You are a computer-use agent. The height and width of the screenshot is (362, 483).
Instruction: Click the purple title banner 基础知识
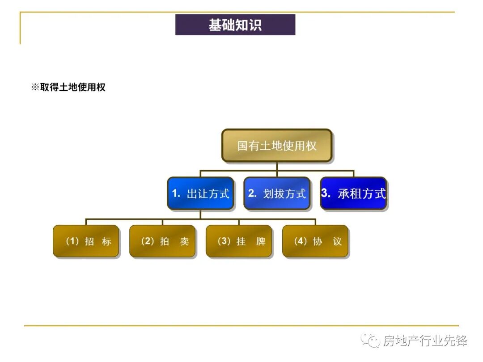coord(235,25)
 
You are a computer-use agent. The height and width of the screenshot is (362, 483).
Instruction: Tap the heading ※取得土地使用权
coord(68,87)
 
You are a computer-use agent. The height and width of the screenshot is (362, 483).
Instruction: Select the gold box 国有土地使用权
coord(277,146)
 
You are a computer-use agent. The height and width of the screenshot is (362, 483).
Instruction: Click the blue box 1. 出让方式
coord(200,194)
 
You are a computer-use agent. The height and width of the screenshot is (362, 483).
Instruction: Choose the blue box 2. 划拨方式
coord(277,194)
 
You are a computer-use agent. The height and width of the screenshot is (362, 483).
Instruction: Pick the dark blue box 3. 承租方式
coord(353,194)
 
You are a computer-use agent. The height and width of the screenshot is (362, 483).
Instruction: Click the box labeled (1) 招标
coord(86,241)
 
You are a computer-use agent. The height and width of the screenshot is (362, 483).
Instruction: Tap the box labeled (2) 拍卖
coord(162,241)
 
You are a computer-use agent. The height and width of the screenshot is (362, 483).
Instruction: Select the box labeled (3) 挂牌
coord(239,241)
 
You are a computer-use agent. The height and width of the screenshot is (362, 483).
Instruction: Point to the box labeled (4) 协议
coord(315,241)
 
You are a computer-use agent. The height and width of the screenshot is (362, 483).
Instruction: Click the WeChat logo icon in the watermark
coord(371,341)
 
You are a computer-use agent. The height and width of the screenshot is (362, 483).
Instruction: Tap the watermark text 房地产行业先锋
coord(425,341)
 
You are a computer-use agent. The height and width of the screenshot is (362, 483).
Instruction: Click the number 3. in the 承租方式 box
coord(326,194)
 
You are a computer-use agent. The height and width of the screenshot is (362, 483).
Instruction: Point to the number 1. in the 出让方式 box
coord(176,194)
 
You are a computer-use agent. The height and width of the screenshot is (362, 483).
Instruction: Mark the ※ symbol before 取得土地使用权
coord(35,87)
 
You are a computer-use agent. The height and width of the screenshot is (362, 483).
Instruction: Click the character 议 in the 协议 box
coord(337,242)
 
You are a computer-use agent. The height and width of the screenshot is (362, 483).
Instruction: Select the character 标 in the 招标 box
coord(106,242)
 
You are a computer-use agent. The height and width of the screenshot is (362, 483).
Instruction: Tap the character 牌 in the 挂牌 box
coord(261,242)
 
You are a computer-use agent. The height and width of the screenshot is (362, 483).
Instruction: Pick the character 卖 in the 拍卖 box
coord(184,242)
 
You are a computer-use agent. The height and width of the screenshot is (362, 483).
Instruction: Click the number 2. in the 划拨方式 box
coord(252,194)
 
